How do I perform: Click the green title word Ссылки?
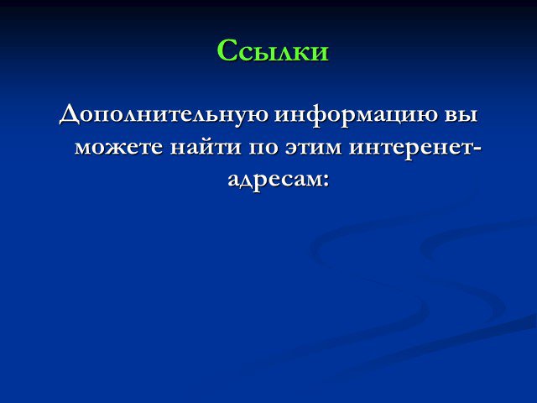(x=273, y=50)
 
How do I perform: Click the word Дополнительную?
(x=164, y=115)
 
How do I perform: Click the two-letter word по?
(x=263, y=148)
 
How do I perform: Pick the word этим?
(x=312, y=148)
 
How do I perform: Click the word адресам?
(x=274, y=180)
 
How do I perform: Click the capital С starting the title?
(x=227, y=50)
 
